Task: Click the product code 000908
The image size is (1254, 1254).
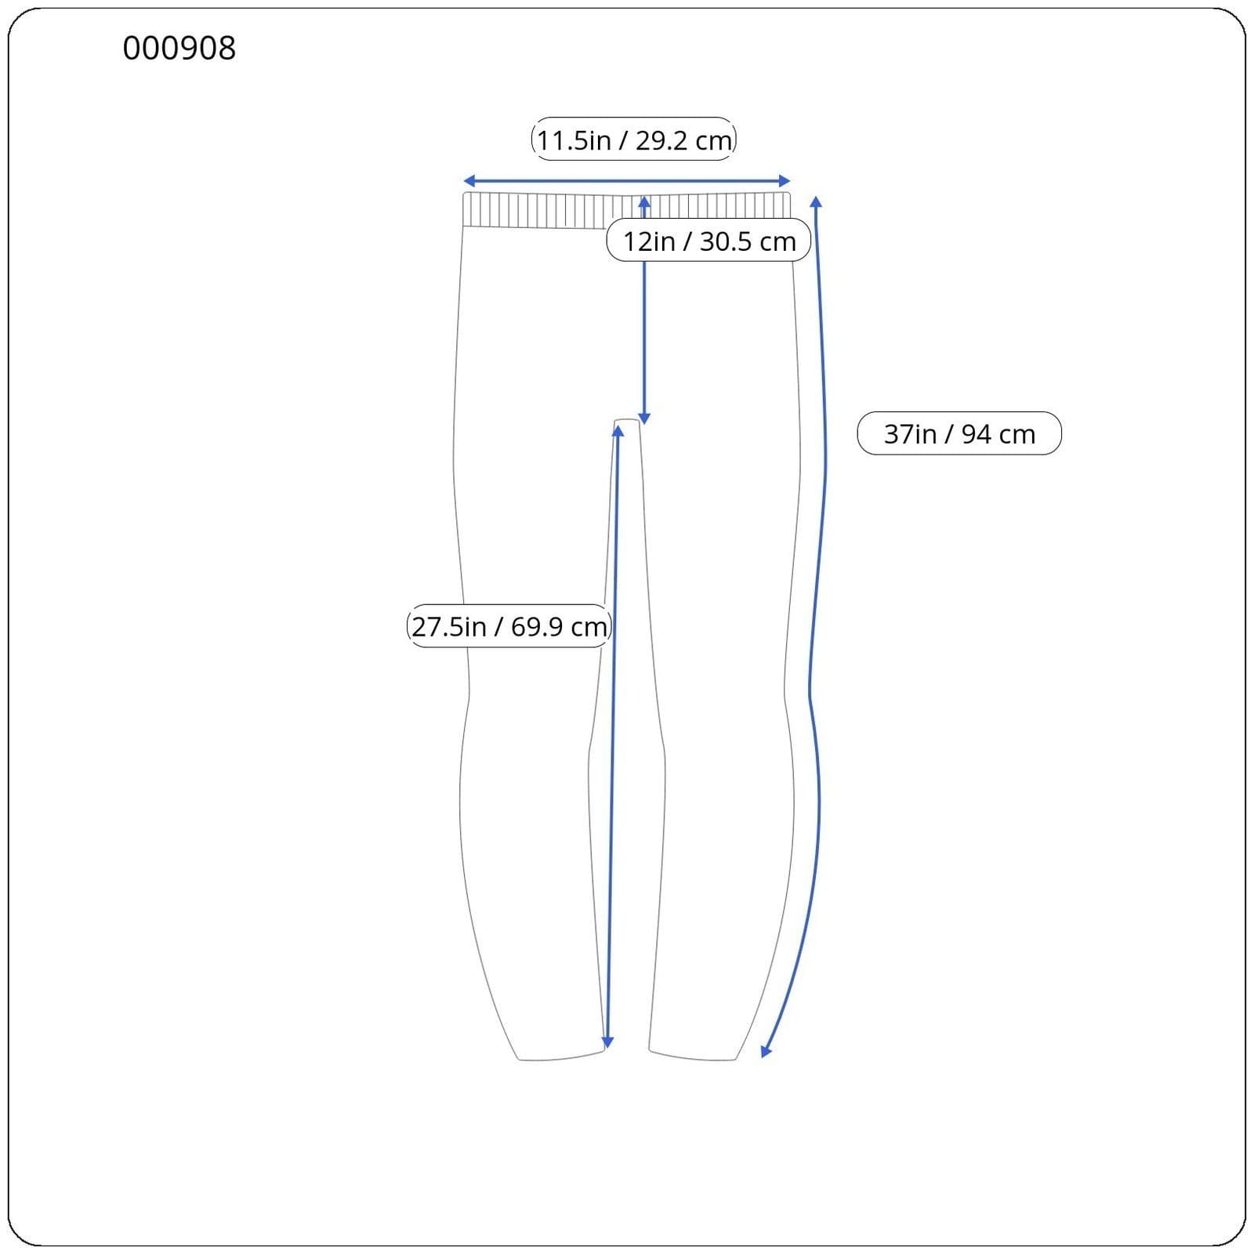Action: click(179, 49)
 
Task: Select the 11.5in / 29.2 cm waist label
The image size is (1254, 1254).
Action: click(633, 140)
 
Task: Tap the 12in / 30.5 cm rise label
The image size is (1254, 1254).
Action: click(709, 241)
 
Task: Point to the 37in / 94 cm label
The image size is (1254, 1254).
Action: click(959, 433)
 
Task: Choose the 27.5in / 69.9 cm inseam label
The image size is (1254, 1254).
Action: click(509, 626)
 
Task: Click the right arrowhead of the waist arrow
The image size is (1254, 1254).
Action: click(786, 181)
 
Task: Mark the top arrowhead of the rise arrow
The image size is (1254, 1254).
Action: click(644, 202)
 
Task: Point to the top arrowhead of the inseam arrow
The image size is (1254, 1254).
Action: click(618, 431)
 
